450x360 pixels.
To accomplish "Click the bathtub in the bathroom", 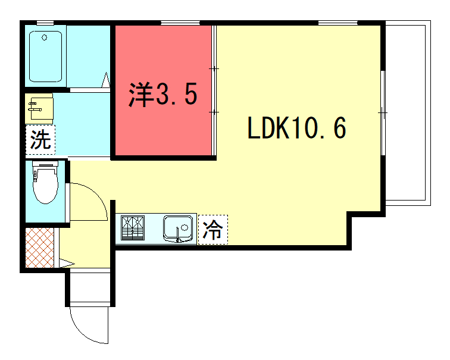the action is pyautogui.click(x=46, y=57).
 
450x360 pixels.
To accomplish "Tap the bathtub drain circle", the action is pyautogui.click(x=44, y=37).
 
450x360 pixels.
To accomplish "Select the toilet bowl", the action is pyautogui.click(x=45, y=183).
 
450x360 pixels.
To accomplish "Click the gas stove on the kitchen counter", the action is pyautogui.click(x=133, y=228).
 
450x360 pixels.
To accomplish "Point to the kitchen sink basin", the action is pyautogui.click(x=178, y=228).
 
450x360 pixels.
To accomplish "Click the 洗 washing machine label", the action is pyautogui.click(x=40, y=140).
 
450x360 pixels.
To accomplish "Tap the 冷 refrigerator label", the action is pyautogui.click(x=212, y=230).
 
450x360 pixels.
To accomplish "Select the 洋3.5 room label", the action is pyautogui.click(x=163, y=95).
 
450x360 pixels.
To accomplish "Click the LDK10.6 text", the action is pyautogui.click(x=297, y=128).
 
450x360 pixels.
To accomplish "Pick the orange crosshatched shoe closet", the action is pyautogui.click(x=40, y=248).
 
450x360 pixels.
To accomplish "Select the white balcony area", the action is pyautogui.click(x=408, y=113).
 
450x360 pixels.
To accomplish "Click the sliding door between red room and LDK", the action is pyautogui.click(x=214, y=90).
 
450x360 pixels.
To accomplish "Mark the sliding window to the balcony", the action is pyautogui.click(x=383, y=112).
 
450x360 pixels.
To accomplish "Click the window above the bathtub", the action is pyautogui.click(x=45, y=23).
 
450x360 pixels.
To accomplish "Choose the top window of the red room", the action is pyautogui.click(x=180, y=23).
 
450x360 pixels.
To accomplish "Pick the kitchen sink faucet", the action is pyautogui.click(x=178, y=234).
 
